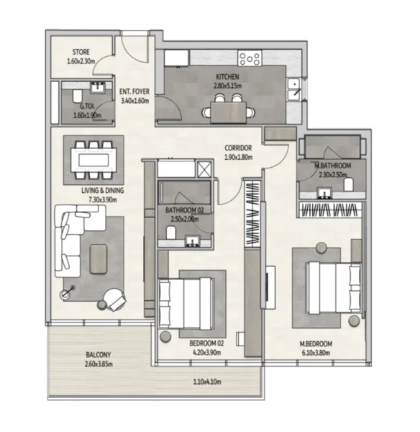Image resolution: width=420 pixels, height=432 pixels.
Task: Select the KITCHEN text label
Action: point(227,77)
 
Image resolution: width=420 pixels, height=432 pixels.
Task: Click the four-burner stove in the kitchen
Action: point(250,58)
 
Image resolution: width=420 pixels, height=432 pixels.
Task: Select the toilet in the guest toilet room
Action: point(78,97)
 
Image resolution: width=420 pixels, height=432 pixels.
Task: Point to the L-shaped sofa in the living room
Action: point(69,238)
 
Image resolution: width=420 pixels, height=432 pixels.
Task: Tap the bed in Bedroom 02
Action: point(186,302)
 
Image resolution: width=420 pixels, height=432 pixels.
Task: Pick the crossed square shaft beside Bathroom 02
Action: point(205,170)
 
